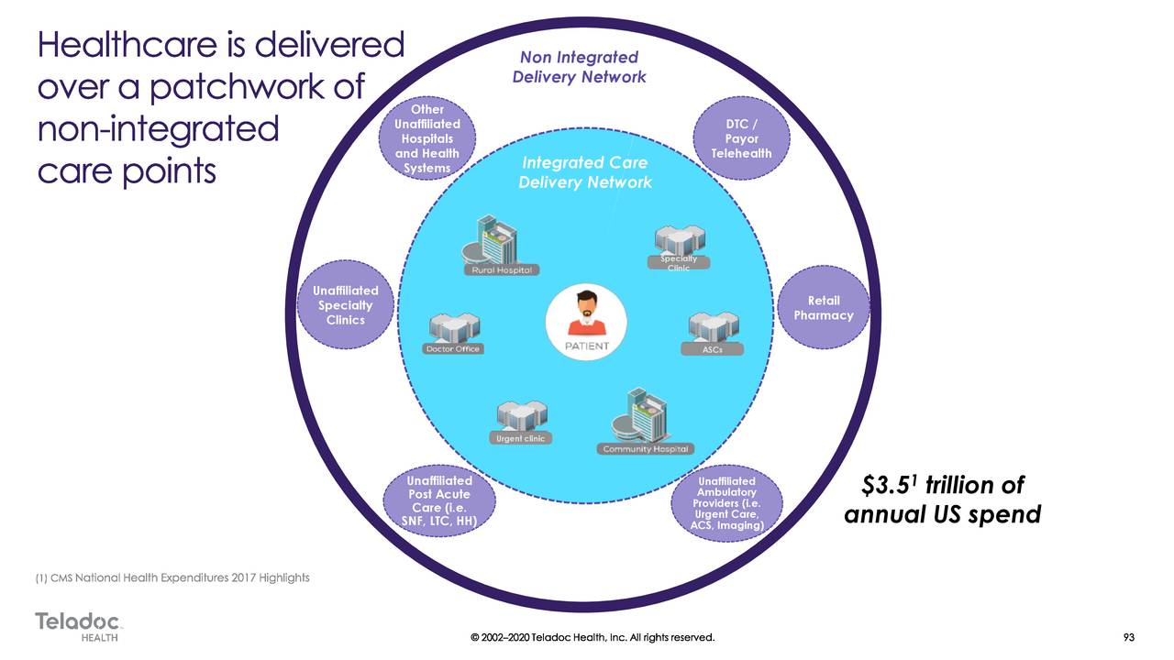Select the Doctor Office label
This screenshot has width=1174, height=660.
pos(452,349)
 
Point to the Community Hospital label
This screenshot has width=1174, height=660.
pos(646,449)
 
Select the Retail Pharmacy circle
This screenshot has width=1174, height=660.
pos(823,309)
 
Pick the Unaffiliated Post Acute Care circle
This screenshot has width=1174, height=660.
pos(439,501)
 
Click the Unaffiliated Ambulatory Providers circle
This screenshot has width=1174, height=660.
pos(726,502)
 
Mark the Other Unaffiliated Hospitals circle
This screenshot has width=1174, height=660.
pos(426,140)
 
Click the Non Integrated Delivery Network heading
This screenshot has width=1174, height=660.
pos(580,68)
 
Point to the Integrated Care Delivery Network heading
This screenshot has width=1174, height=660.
pos(584,172)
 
